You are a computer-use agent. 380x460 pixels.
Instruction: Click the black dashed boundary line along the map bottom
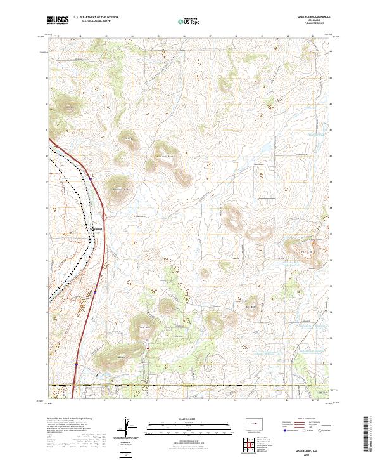pos(190,385)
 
